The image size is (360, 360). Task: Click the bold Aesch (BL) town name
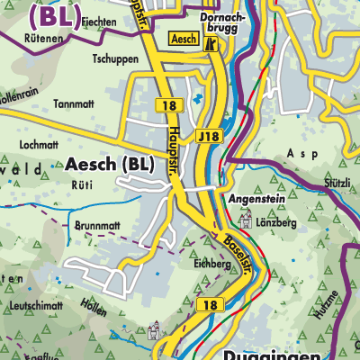pos(109,165)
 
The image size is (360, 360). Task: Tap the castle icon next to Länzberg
pos(245,219)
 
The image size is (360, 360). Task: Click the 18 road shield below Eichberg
pos(209,305)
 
